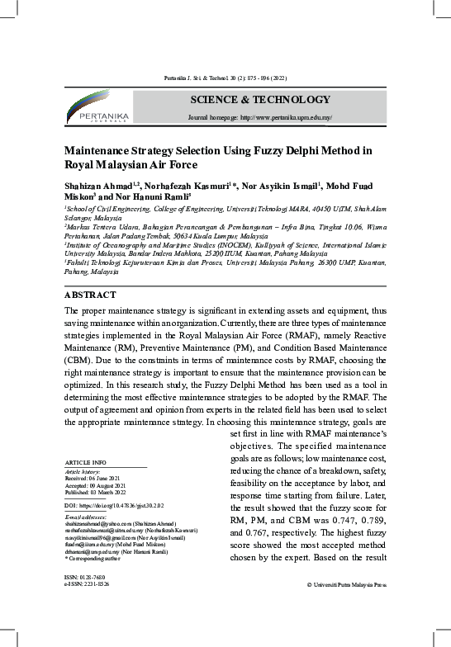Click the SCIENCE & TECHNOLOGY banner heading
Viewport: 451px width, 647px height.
pyautogui.click(x=259, y=100)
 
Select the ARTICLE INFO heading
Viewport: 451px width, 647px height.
pyautogui.click(x=84, y=461)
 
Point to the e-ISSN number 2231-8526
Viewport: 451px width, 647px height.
pyautogui.click(x=92, y=583)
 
